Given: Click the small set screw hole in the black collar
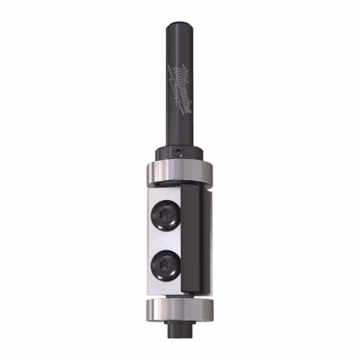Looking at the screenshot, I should point(179,152).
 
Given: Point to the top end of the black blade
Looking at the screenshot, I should point(191,191).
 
